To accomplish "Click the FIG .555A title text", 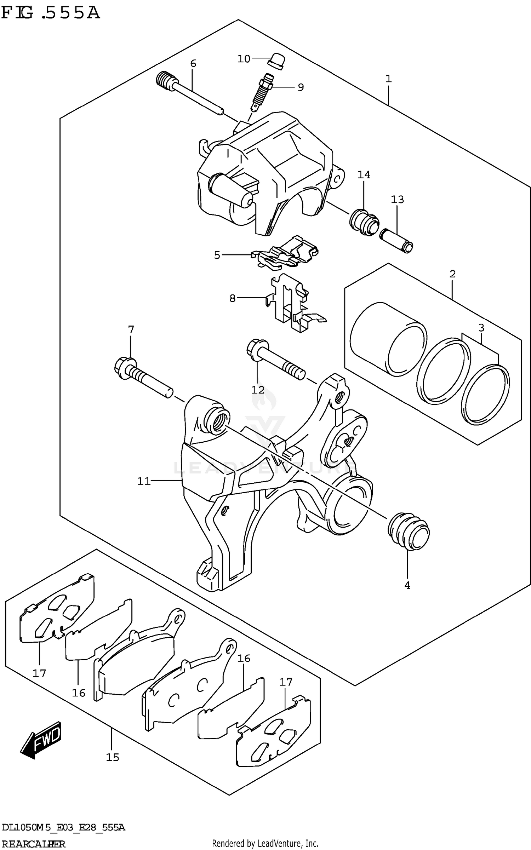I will point(50,13).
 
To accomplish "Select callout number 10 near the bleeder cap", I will point(244,59).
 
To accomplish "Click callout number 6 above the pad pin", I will point(193,64).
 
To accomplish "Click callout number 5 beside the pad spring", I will point(217,255).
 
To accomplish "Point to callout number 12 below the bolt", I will point(258,390).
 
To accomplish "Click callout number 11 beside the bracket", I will point(144,481).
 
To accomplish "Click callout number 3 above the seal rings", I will point(481,328).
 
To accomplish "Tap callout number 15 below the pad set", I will point(113,757).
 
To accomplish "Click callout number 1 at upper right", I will point(388,79).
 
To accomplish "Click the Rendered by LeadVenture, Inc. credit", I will point(265,843).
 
